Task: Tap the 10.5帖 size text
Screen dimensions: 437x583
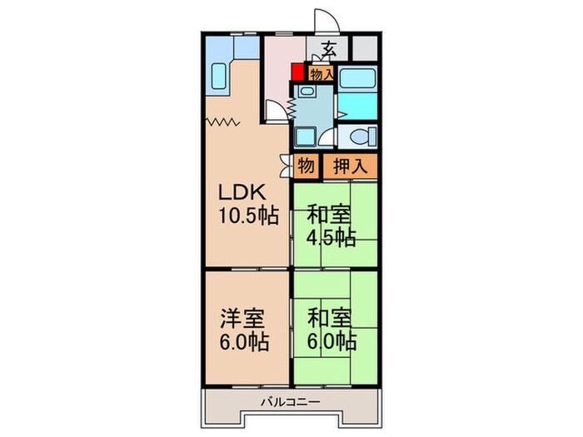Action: pyautogui.click(x=248, y=216)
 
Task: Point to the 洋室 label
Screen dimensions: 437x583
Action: pyautogui.click(x=242, y=318)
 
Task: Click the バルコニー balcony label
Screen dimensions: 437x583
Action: pyautogui.click(x=291, y=401)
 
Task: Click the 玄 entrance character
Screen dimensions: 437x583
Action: pyautogui.click(x=331, y=48)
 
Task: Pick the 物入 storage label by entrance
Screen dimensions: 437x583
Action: pyautogui.click(x=321, y=74)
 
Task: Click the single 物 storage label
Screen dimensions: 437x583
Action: pyautogui.click(x=306, y=166)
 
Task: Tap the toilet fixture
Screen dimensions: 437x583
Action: pyautogui.click(x=358, y=137)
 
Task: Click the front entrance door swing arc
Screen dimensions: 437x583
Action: pyautogui.click(x=325, y=23)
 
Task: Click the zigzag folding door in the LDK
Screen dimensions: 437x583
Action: pyautogui.click(x=223, y=122)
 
